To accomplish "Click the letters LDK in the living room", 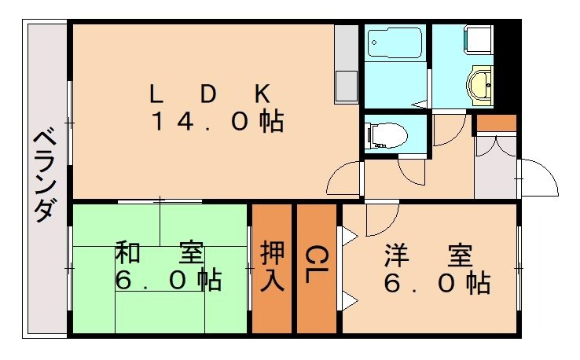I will pos(210,94).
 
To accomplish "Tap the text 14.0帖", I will pos(217,122).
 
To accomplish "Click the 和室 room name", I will pos(160,253).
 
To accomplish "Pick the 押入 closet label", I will pos(272,268).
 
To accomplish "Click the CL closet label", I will pos(316,268).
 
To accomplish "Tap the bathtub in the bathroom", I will pos(396,41).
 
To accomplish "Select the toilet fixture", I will pos(389,134).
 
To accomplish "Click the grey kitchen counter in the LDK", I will pos(346,63).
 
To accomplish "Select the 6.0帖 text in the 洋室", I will pos(437,282).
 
